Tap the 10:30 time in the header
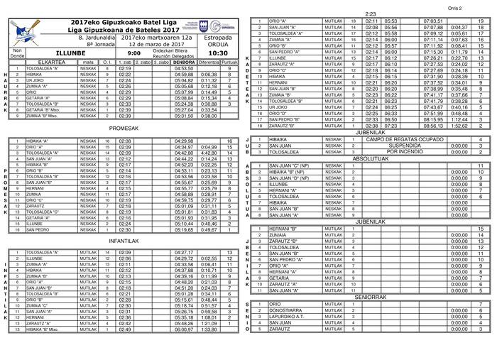pyautogui.click(x=217, y=53)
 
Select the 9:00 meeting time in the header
pyautogui.click(x=134, y=53)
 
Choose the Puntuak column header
pyautogui.click(x=229, y=62)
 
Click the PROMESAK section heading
pyautogui.click(x=124, y=129)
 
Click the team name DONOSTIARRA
pyautogui.click(x=285, y=310)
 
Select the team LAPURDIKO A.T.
pyautogui.click(x=287, y=317)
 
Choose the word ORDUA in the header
pyautogui.click(x=217, y=43)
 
